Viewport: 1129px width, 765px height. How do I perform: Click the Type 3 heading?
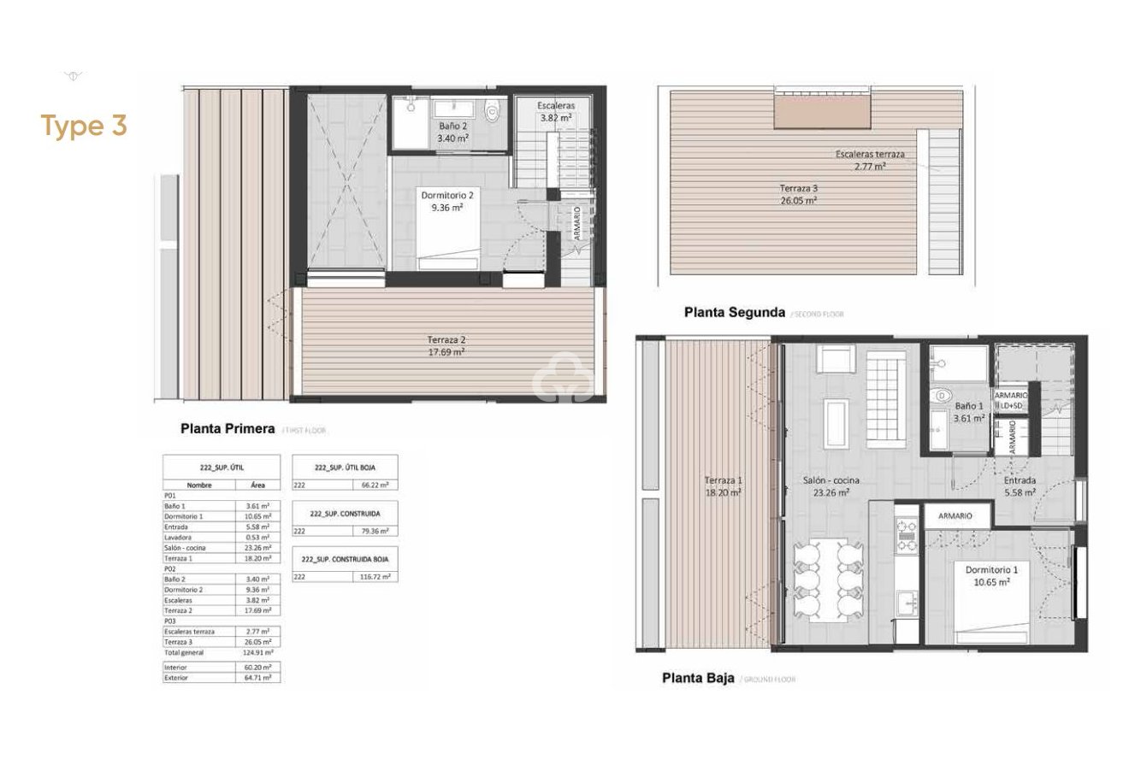[85, 126]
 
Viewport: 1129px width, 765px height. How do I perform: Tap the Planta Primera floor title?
[227, 428]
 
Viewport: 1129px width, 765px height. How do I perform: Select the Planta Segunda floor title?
[734, 313]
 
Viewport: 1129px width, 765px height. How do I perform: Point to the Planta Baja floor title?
[698, 680]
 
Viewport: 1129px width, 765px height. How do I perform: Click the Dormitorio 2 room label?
[446, 201]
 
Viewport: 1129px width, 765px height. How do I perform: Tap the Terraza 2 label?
[447, 345]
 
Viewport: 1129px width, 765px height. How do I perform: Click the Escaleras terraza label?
[870, 161]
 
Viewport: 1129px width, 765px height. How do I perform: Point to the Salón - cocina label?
[825, 485]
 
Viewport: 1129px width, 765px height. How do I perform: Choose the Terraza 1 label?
[723, 485]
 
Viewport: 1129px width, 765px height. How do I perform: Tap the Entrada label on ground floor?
[1019, 485]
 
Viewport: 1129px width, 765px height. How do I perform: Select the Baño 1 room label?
[970, 412]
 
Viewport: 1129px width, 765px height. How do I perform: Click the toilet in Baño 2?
[491, 110]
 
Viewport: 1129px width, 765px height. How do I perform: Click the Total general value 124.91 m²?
[258, 652]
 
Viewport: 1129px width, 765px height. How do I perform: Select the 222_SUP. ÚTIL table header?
[221, 468]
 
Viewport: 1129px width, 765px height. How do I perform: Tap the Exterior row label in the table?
[176, 677]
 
